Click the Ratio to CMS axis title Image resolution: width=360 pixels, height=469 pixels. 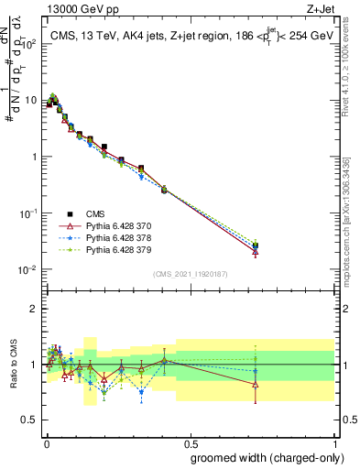[x=14, y=365]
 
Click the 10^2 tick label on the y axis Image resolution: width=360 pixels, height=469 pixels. [x=30, y=43]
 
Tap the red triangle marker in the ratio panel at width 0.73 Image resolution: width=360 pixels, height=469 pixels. [x=256, y=385]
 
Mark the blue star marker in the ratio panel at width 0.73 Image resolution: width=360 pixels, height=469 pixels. [x=256, y=371]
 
